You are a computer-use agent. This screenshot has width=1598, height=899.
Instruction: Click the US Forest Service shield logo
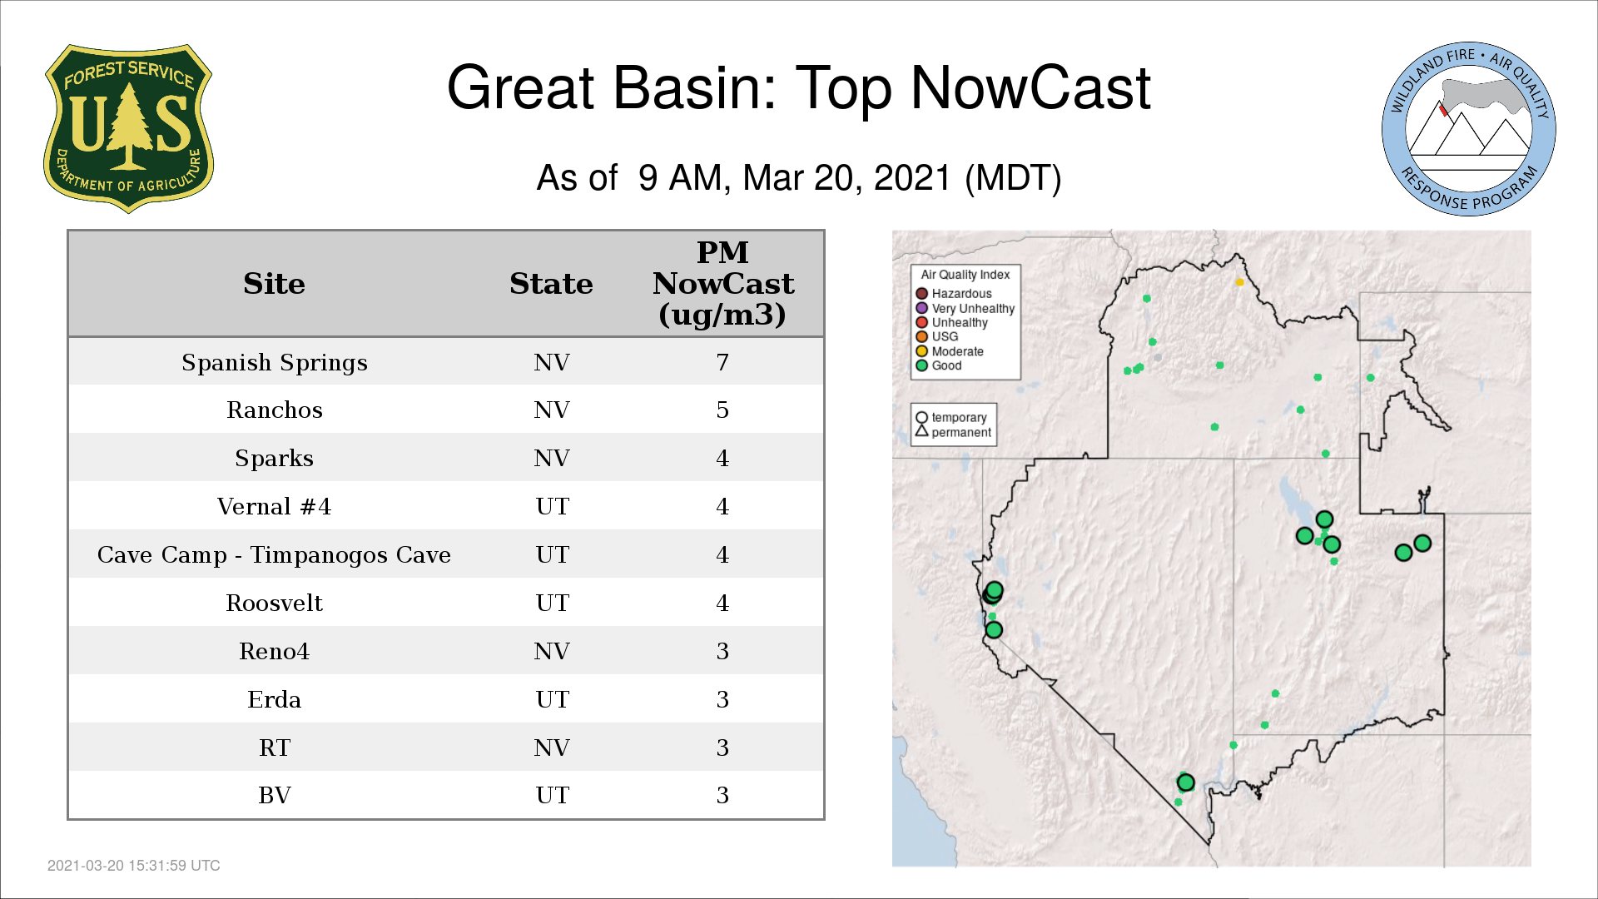pos(128,128)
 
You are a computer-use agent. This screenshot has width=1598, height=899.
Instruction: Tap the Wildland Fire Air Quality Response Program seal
pos(1468,129)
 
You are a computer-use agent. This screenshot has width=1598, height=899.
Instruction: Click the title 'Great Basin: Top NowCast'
pos(798,87)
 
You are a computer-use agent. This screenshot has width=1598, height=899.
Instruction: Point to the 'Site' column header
pos(274,284)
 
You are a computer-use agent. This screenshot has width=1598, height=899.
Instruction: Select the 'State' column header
pos(551,284)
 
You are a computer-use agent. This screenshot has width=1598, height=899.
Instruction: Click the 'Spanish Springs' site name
pos(275,363)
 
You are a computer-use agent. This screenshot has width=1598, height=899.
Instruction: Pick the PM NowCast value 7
pos(722,363)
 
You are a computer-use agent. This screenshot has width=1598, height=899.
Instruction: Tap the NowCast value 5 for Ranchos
pos(722,410)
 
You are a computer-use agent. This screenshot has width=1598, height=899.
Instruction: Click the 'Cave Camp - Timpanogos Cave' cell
pos(274,555)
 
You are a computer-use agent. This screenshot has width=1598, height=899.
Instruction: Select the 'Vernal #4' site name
pos(274,507)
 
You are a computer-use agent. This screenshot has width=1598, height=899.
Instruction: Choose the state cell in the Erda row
pos(552,700)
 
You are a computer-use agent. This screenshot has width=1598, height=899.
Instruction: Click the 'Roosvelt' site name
pos(274,603)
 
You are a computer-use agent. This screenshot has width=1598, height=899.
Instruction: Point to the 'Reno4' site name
pos(274,652)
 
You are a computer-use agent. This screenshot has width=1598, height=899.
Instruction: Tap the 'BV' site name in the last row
pos(275,796)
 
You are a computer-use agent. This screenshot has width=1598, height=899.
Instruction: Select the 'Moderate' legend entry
pos(950,351)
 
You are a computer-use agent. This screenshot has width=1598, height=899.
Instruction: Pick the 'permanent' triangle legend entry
pos(953,432)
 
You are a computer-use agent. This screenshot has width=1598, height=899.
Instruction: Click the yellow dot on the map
pos(1239,282)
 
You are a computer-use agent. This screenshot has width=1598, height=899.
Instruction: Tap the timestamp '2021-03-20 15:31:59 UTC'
pos(134,866)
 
